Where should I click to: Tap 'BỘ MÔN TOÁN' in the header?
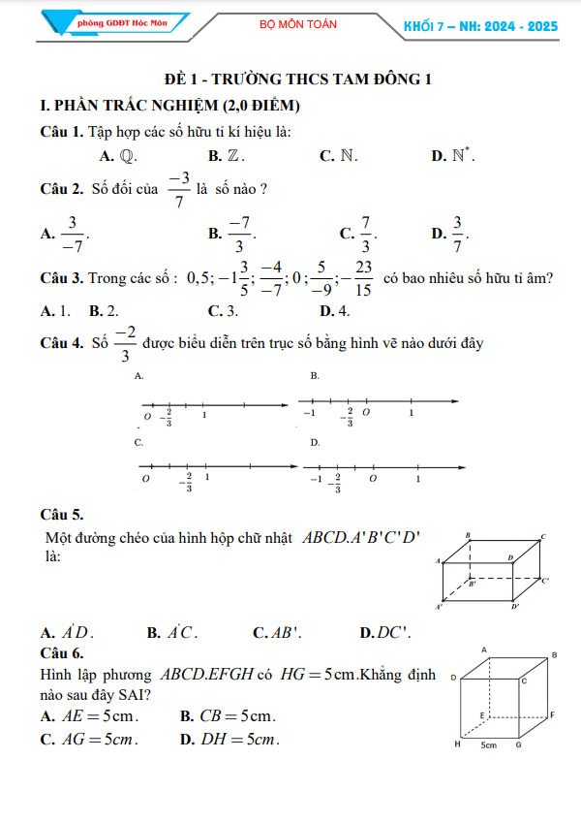tap(298, 24)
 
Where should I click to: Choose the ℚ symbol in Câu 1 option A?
tap(128, 155)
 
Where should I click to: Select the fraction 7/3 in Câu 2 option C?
tap(366, 234)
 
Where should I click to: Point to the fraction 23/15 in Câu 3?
tap(363, 278)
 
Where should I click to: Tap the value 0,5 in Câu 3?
tap(199, 279)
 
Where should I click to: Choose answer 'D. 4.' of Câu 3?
tap(334, 310)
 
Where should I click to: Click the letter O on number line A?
tap(148, 417)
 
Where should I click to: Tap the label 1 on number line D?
tap(418, 479)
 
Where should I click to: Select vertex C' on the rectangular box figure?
tap(545, 581)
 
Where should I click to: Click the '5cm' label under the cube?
tap(488, 745)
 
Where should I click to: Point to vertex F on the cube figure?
tap(551, 714)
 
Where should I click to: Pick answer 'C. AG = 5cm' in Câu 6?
tap(89, 740)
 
